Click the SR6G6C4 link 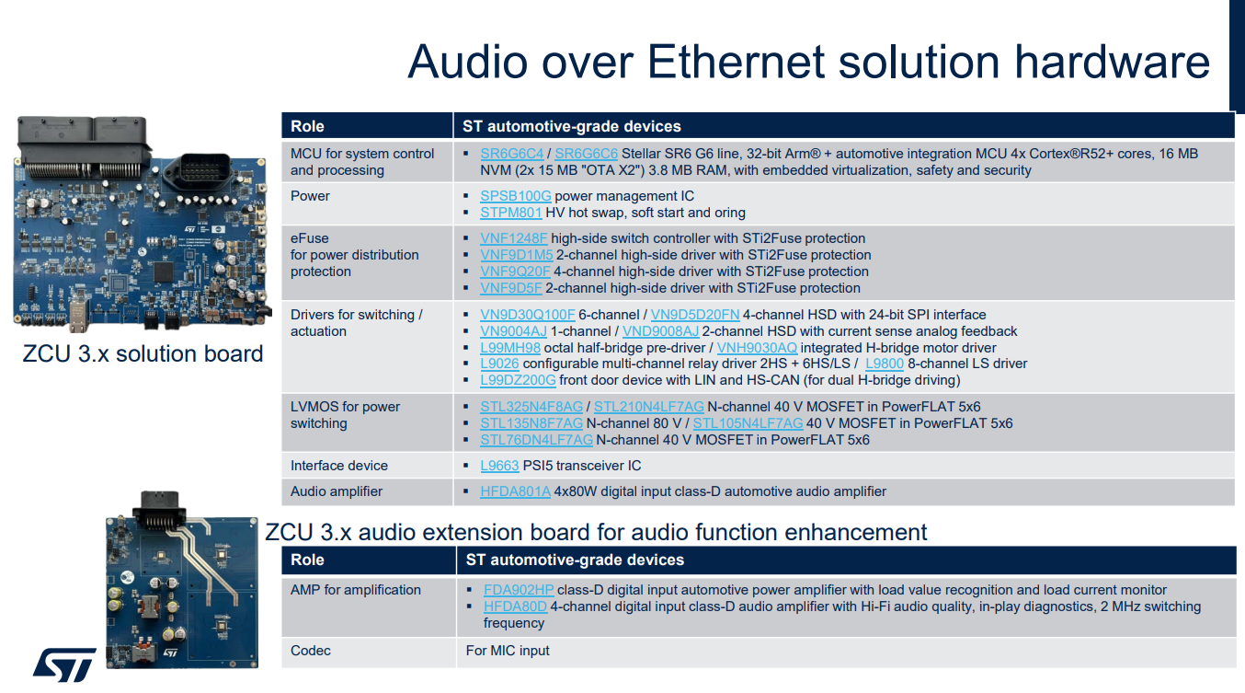512,154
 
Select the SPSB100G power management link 515,196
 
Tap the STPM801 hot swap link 511,213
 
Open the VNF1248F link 514,238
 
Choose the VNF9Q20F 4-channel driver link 515,271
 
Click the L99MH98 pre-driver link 510,348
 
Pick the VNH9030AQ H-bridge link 757,348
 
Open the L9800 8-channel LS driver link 885,364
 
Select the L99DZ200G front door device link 518,380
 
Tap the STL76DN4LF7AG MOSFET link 536,440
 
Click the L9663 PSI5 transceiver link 499,466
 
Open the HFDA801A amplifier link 515,491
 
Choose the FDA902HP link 519,590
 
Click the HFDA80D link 515,606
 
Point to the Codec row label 310,650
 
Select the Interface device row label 339,466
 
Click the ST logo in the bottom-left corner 64,664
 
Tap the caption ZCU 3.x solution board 143,353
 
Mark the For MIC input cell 508,650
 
